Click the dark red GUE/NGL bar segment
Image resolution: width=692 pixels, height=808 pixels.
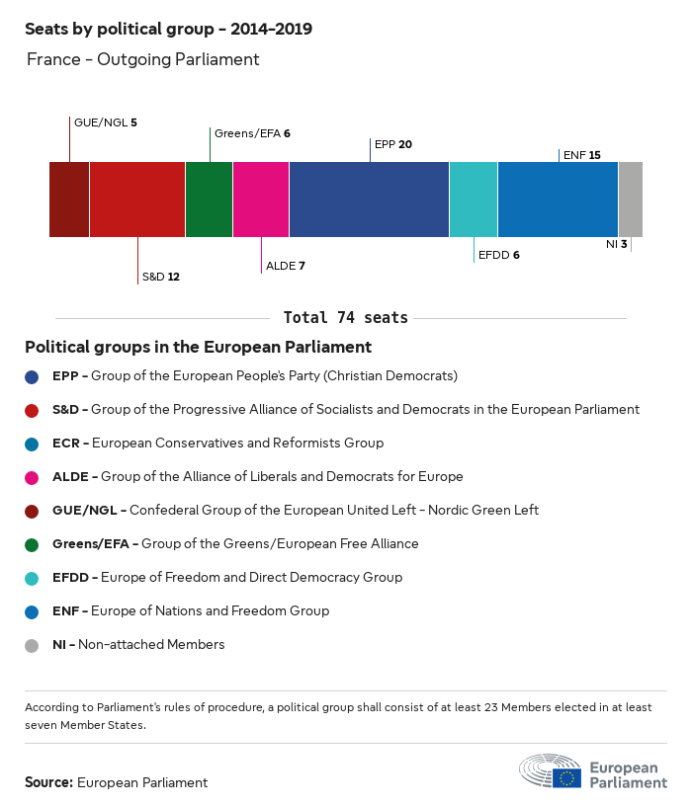tap(69, 200)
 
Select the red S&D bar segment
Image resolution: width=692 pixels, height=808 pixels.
tap(137, 200)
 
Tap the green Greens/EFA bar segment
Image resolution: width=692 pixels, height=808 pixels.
tap(209, 200)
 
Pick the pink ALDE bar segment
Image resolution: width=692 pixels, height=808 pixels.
tap(261, 200)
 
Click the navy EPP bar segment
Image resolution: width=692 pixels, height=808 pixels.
tap(369, 200)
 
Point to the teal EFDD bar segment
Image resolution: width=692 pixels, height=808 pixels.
tap(474, 200)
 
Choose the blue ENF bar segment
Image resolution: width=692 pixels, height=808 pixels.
tap(558, 200)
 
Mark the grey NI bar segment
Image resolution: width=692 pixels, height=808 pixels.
tap(630, 200)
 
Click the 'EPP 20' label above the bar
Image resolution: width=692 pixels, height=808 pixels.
tap(393, 144)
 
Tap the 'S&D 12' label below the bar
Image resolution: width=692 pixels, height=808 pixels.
tap(160, 277)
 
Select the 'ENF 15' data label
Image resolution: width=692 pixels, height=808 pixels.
tap(581, 155)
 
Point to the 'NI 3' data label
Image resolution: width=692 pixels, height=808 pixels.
tap(616, 244)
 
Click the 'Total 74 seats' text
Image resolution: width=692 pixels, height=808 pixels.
tap(345, 318)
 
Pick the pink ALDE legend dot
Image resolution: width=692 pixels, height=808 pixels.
tap(33, 477)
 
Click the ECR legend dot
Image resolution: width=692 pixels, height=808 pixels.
tap(33, 444)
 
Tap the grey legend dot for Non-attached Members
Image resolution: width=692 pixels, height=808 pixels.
tap(33, 645)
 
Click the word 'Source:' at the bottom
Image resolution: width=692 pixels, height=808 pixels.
tap(48, 782)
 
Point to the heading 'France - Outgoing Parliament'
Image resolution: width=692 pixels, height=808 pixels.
tap(142, 59)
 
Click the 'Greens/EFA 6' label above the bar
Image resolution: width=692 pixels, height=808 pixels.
tap(252, 133)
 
